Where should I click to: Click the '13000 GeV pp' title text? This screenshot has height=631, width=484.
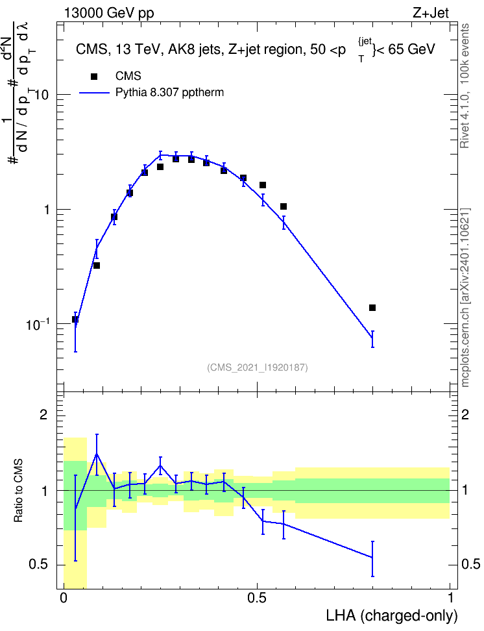(108, 13)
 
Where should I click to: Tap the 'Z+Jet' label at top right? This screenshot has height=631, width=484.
(431, 13)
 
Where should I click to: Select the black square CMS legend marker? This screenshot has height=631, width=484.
(94, 77)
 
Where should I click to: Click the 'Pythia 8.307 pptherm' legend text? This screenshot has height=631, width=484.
(169, 93)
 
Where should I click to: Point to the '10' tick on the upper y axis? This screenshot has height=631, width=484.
(41, 95)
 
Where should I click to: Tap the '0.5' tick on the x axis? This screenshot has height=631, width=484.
(257, 598)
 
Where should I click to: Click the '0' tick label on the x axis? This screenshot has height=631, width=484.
(63, 598)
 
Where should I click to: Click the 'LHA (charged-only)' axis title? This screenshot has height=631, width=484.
(391, 615)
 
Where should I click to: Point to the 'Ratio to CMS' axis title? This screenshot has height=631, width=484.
(18, 490)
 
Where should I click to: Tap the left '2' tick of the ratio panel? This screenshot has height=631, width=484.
(43, 414)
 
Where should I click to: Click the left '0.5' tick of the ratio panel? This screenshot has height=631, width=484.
(38, 565)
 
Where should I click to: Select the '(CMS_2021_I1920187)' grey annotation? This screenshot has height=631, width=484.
(258, 367)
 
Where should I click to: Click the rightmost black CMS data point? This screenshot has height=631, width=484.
(372, 308)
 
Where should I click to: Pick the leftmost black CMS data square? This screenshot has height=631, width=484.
(75, 319)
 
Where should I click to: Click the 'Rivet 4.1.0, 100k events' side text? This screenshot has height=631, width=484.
(465, 86)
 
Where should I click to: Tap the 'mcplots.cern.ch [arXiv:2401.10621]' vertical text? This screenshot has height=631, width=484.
(465, 298)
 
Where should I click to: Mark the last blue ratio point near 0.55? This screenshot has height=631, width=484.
(372, 558)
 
